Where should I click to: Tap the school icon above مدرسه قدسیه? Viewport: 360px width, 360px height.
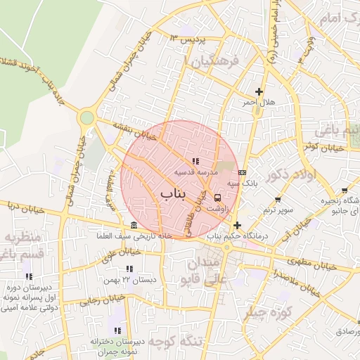(195, 162)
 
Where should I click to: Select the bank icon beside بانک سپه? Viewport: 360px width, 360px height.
(243, 172)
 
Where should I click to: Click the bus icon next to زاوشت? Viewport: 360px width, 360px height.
(217, 198)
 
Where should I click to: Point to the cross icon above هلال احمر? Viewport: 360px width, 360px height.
(259, 91)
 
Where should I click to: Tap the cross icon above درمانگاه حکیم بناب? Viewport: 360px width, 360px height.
(237, 226)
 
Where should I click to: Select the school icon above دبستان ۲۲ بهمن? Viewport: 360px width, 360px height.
(129, 269)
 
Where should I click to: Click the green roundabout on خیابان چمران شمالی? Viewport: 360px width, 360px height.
(86, 117)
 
